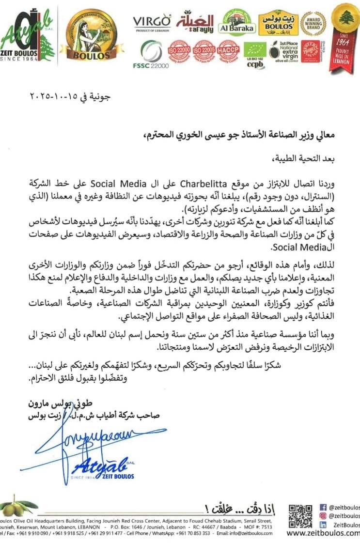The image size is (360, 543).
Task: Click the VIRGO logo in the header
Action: [152, 22]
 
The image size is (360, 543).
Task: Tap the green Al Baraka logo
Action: [237, 23]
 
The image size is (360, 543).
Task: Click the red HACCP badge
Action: [228, 51]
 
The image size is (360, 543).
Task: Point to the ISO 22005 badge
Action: [203, 51]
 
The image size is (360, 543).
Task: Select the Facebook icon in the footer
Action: [323, 507]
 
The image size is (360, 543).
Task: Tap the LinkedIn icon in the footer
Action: [323, 525]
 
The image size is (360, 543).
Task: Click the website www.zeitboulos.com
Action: [323, 534]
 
